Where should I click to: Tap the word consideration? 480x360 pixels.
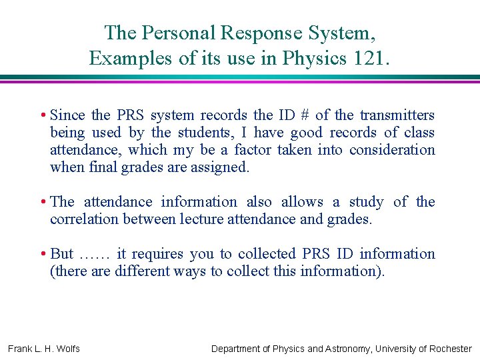pos(392,150)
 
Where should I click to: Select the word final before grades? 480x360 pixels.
pos(103,167)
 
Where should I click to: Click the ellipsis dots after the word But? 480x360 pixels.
pos(93,255)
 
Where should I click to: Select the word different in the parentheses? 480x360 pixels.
pos(143,271)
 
